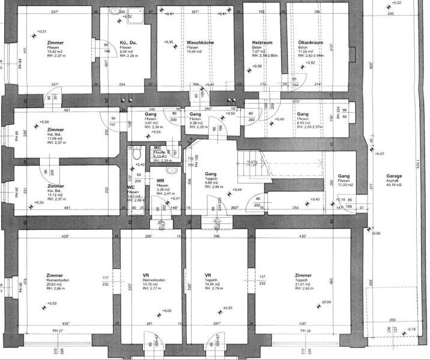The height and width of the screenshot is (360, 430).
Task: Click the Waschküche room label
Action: (201, 43)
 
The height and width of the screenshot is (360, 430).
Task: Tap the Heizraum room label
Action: (263, 43)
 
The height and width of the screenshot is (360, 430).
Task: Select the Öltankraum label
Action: (311, 43)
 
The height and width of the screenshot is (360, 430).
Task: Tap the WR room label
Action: (160, 181)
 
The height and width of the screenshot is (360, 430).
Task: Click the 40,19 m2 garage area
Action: (395, 185)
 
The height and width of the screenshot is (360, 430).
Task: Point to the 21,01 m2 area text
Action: (303, 284)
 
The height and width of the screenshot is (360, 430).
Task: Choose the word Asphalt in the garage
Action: (394, 181)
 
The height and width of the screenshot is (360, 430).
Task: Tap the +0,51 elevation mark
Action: (41, 31)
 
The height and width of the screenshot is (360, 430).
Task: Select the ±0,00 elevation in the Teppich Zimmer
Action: (327, 302)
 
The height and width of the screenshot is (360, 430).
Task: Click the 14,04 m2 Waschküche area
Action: (196, 52)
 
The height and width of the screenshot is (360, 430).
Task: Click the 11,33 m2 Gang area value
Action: (347, 185)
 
